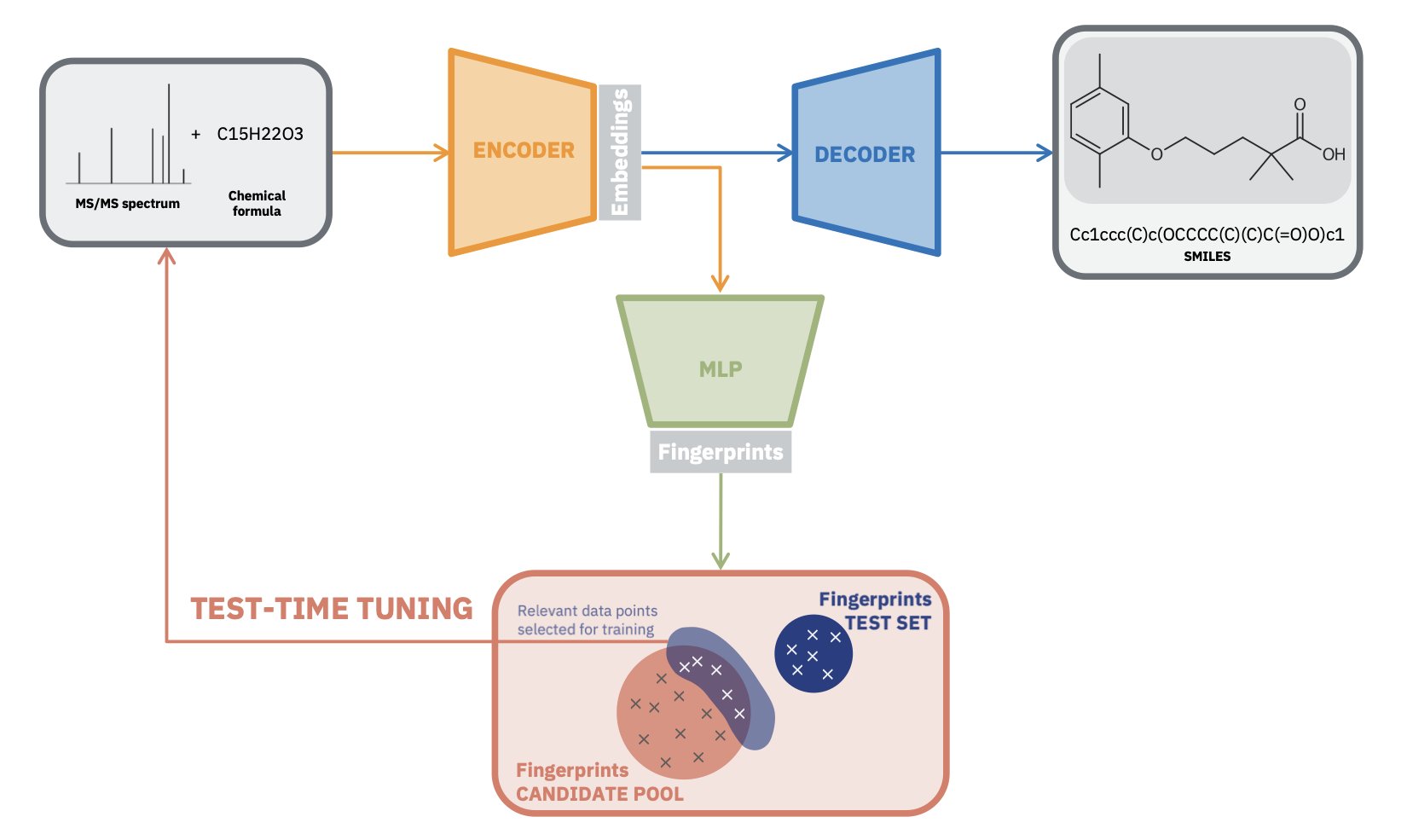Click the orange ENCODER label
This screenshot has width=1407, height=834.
click(x=524, y=151)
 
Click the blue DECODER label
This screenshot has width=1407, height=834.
click(x=865, y=155)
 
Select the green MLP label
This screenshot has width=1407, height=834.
click(x=721, y=369)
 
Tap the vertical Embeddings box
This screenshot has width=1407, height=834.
click(x=620, y=153)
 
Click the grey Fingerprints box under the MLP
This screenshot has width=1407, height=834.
click(x=721, y=452)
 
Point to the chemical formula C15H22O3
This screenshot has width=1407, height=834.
click(x=260, y=134)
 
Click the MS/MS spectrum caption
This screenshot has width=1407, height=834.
click(x=128, y=204)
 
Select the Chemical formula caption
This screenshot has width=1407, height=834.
click(x=257, y=204)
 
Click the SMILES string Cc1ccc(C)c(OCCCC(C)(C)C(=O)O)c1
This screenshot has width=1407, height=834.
click(x=1207, y=235)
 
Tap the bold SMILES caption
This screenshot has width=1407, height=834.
click(x=1207, y=256)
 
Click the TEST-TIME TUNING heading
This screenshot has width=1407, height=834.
click(x=332, y=609)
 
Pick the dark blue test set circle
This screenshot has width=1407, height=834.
click(x=813, y=654)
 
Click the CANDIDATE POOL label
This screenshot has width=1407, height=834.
click(x=599, y=794)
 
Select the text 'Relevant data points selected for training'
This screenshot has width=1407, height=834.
click(x=588, y=621)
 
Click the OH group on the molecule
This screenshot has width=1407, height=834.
click(x=1334, y=154)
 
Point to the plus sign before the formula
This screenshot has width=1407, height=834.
click(x=196, y=135)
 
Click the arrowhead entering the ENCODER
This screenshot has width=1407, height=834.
click(x=442, y=153)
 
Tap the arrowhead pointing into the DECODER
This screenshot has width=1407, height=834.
click(x=785, y=153)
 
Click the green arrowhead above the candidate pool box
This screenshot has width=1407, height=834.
click(x=721, y=560)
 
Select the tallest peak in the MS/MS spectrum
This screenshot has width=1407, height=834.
click(x=169, y=132)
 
